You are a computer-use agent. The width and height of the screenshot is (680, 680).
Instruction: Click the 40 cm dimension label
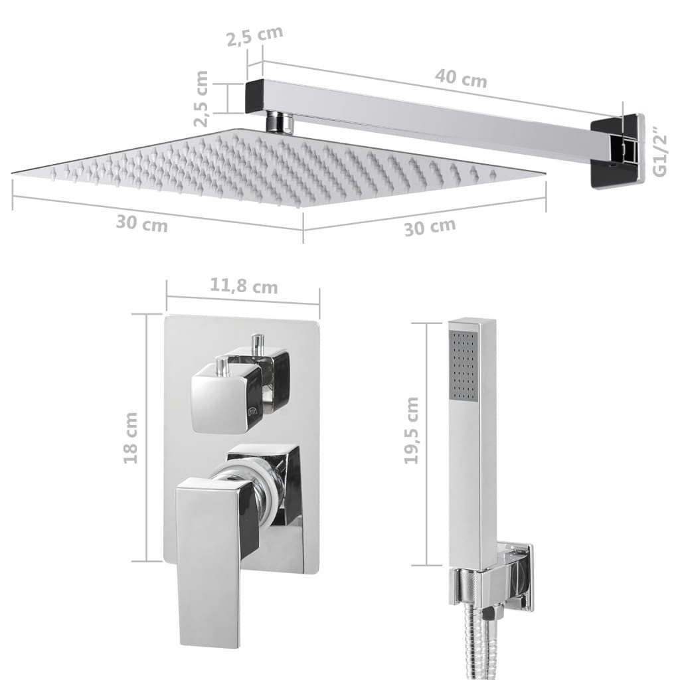461,78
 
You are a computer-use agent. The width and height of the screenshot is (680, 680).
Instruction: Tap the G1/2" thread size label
659,151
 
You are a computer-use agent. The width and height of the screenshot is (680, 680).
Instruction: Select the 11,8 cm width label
244,287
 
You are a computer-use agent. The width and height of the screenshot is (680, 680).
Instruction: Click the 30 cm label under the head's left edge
141,224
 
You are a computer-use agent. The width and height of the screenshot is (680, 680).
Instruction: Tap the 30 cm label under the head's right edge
430,226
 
